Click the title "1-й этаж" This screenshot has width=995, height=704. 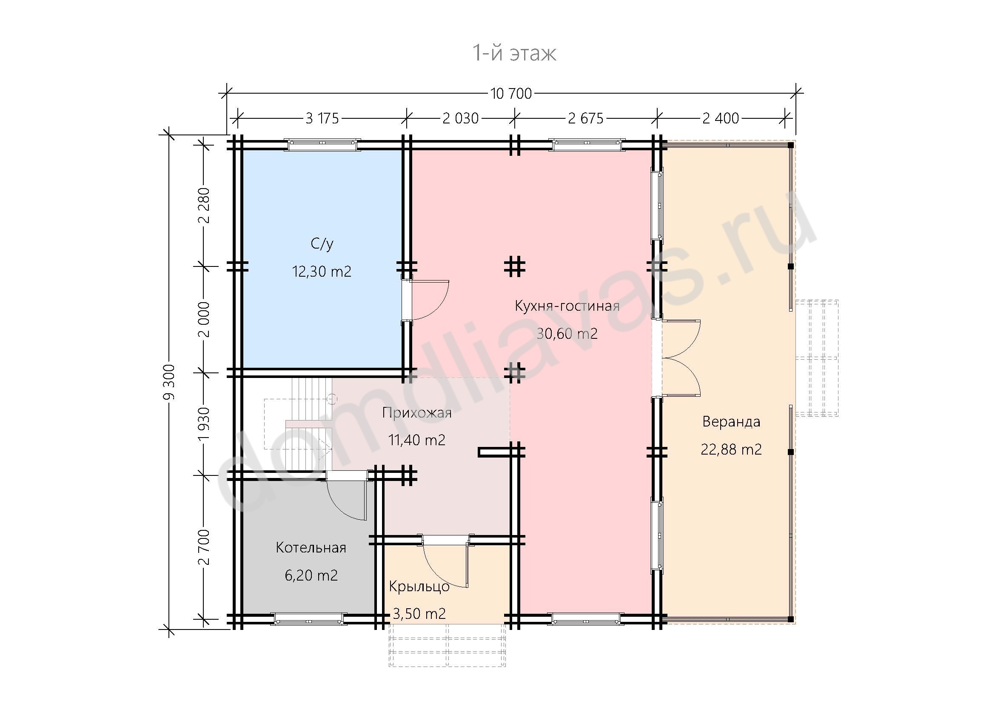514,53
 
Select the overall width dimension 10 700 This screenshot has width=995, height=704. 511,93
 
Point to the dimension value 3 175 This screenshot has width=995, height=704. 322,118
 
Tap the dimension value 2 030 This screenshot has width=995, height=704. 460,118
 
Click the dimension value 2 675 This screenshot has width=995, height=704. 585,118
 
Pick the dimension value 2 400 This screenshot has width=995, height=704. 721,118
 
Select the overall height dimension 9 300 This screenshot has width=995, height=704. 169,382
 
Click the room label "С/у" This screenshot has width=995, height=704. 322,244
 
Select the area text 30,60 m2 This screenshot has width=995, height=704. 567,333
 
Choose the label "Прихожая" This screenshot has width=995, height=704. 416,413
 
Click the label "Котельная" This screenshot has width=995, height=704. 311,547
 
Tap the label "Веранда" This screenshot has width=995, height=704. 731,421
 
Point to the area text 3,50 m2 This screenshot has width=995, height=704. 419,613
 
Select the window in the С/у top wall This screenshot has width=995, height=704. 322,145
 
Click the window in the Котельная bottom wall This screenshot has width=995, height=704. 309,619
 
